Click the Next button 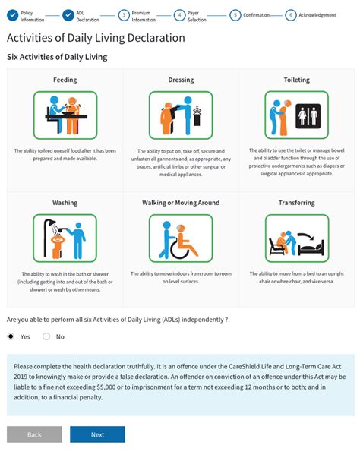click(x=97, y=434)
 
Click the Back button click(x=34, y=434)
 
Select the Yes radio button click(x=11, y=336)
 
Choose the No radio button click(x=46, y=336)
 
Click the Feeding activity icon click(x=65, y=113)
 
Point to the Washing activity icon click(x=65, y=236)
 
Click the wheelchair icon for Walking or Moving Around click(x=181, y=236)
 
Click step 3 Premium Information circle click(x=124, y=14)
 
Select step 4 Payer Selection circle click(x=179, y=14)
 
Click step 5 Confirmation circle click(x=235, y=14)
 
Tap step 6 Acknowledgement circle click(x=290, y=14)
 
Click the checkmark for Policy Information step click(x=12, y=14)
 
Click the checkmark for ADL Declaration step click(x=68, y=14)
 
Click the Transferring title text click(x=296, y=203)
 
